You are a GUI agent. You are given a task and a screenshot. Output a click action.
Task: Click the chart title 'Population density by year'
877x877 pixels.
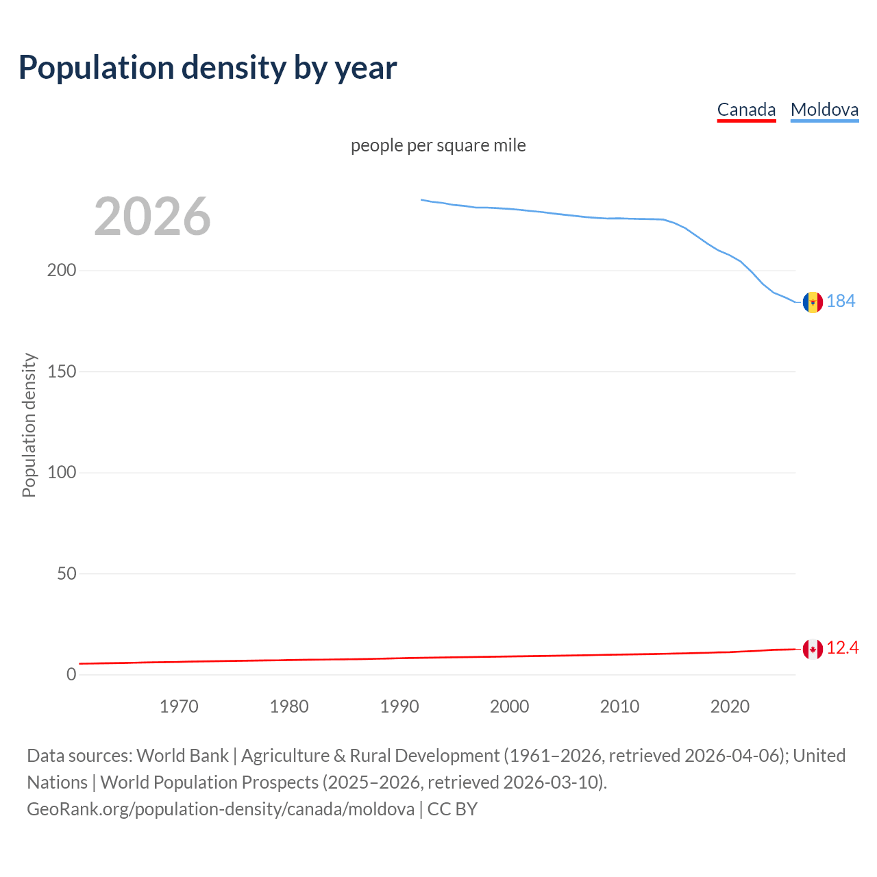coord(208,68)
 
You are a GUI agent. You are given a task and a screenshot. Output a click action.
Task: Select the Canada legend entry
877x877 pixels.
coord(746,110)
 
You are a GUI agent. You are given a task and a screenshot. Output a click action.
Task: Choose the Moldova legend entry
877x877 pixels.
coord(824,110)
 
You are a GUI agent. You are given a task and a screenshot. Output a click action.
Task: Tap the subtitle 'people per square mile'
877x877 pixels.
coord(438,145)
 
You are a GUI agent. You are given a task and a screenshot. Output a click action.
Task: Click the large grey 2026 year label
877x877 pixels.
coord(152,217)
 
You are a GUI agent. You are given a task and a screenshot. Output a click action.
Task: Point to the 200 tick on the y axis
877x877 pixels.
coord(62,270)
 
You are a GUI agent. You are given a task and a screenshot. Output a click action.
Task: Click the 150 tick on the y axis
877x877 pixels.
coord(62,371)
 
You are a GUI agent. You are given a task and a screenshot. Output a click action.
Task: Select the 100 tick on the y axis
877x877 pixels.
coord(62,472)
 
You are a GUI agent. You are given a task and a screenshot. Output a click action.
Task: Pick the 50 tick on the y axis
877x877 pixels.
coord(66,573)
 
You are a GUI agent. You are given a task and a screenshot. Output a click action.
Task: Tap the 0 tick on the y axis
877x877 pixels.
coord(71,674)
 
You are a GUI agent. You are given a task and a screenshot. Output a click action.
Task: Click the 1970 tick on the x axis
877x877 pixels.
coord(179,706)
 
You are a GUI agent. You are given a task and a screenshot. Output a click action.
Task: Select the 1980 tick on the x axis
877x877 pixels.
coord(289,706)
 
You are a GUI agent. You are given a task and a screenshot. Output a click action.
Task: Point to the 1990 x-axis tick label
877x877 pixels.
coord(399,706)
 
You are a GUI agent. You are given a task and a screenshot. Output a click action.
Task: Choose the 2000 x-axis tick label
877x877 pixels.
coord(509,706)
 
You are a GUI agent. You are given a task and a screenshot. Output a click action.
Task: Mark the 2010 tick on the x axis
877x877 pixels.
coord(619,706)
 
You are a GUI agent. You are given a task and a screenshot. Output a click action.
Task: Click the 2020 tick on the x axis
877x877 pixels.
coord(730,706)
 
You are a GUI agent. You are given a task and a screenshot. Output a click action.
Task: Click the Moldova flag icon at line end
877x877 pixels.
coord(813,301)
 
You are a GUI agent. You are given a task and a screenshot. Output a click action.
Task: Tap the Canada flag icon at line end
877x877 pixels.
coord(813,649)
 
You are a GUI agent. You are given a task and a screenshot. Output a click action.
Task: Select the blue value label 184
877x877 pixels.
coord(841,301)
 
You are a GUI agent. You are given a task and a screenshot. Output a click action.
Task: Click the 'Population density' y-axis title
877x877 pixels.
coord(29,425)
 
